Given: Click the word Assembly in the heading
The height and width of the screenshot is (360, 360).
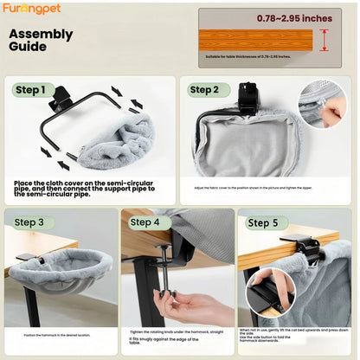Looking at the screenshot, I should pyautogui.click(x=41, y=35).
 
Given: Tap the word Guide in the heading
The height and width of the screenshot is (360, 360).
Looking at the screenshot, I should pyautogui.click(x=29, y=48).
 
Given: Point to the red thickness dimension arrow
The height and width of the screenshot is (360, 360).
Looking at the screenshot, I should pyautogui.click(x=324, y=40).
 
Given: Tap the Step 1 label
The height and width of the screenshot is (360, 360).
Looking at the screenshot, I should pyautogui.click(x=35, y=90).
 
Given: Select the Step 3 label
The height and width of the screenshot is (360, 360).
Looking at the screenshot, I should pyautogui.click(x=29, y=222).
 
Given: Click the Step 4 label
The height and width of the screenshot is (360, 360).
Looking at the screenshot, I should pyautogui.click(x=145, y=222).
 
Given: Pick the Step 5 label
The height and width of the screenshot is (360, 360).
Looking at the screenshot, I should pyautogui.click(x=263, y=222).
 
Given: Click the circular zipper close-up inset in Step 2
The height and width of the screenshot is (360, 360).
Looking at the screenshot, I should pyautogui.click(x=322, y=104).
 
